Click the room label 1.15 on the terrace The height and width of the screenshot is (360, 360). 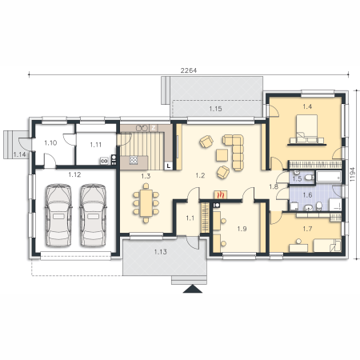tap(215, 109)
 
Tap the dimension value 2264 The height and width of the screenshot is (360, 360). tap(189, 70)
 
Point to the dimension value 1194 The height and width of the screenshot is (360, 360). tap(352, 174)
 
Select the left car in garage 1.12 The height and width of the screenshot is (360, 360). tap(58, 215)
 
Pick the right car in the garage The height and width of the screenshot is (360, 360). tap(93, 215)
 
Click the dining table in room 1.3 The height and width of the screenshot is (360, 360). tap(146, 202)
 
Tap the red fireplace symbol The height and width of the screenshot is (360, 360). tap(221, 195)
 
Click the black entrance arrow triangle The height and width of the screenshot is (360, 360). tap(193, 289)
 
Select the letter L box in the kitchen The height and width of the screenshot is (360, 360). tap(169, 166)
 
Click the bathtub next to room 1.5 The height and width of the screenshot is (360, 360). tap(329, 177)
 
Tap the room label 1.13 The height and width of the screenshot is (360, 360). tap(161, 252)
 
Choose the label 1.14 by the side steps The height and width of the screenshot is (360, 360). tap(19, 154)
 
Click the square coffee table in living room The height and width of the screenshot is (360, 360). tap(222, 155)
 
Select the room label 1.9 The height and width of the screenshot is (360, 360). tap(242, 229)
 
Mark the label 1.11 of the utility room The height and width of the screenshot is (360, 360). tap(96, 145)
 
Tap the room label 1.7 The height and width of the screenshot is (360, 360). tap(307, 229)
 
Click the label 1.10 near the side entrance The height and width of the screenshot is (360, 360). tap(50, 143)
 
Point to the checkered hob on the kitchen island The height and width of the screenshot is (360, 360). tap(134, 160)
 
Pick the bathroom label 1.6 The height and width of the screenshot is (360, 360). tap(307, 195)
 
